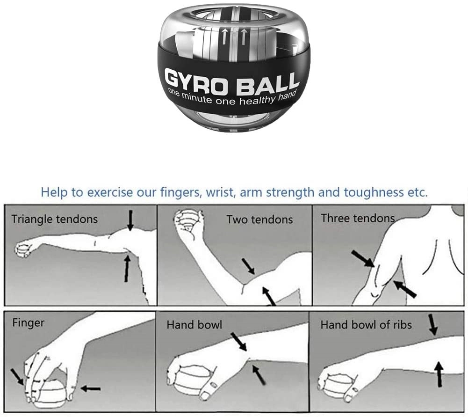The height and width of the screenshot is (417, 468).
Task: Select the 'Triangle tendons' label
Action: pos(55,219)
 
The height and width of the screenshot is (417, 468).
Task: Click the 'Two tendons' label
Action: pos(259,219)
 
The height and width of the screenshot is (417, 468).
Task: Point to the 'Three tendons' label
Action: pos(358,218)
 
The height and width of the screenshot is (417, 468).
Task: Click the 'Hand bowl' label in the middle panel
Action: pos(194,324)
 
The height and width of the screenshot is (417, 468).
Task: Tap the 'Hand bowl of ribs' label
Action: pos(366,324)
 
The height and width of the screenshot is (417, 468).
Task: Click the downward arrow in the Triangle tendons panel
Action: pos(130,220)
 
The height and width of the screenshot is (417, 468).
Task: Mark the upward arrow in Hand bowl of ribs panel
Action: pos(439,373)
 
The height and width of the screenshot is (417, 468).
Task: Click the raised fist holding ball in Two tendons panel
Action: pos(188,220)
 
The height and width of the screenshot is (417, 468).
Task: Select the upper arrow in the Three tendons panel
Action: pos(363,259)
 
